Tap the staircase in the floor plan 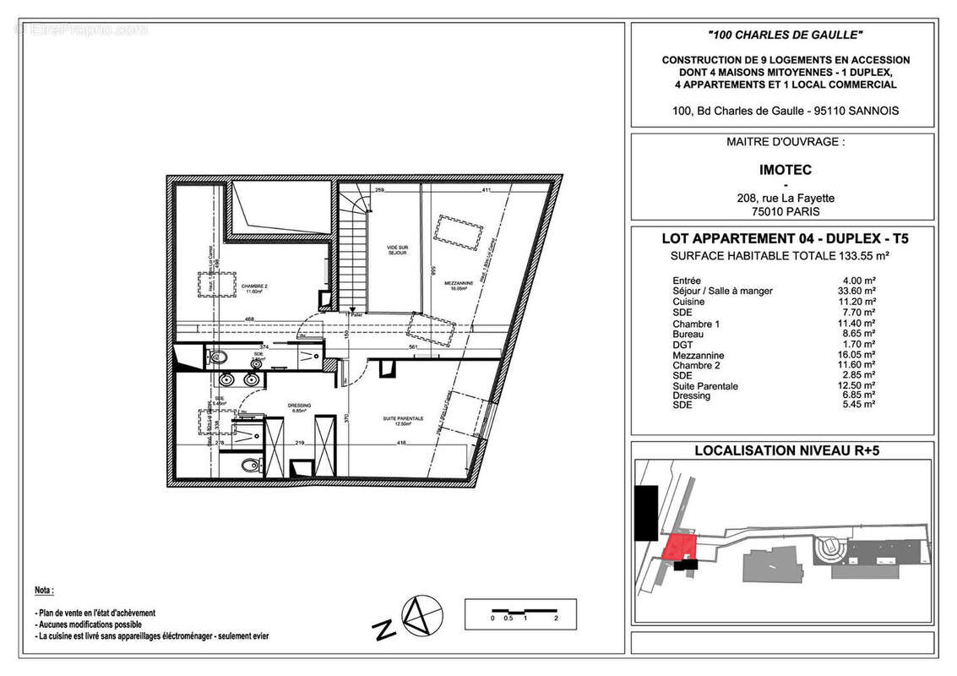[353, 253]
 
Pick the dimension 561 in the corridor [413, 346]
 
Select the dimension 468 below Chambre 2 [250, 319]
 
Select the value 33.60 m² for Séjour [854, 291]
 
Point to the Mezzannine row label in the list [699, 356]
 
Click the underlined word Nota [44, 590]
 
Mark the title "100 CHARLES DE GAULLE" [784, 35]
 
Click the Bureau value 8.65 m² [857, 335]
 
